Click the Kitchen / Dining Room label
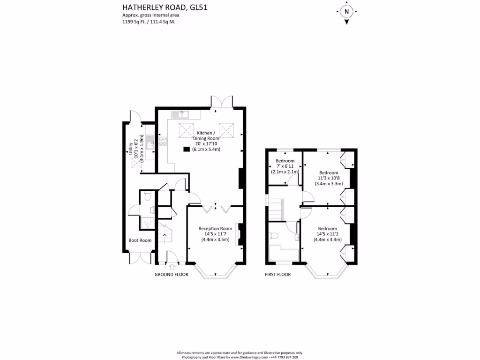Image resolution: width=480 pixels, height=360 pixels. coord(207,135)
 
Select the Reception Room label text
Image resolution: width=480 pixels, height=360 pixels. coord(215,228)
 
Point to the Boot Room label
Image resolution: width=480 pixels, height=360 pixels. coord(140,240)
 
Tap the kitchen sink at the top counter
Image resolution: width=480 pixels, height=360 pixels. coord(180,114)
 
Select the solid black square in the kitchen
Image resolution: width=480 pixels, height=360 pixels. coord(187,150)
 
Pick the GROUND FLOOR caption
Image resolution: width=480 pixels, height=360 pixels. coord(171,275)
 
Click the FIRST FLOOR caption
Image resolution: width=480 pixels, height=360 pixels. coord(277,275)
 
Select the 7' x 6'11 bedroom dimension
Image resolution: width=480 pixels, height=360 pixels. coord(285,166)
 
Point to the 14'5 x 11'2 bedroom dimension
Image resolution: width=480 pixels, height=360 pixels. coord(327,234)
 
